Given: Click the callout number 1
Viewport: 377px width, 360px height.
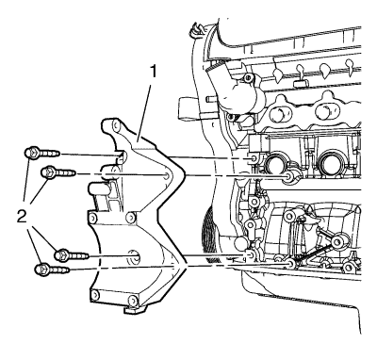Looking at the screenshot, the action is click(x=153, y=73).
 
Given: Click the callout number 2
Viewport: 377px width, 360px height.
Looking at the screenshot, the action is click(x=22, y=217).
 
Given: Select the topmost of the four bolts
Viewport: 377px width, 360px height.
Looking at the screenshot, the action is click(x=42, y=154).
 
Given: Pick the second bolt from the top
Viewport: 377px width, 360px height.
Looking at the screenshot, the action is click(x=59, y=172).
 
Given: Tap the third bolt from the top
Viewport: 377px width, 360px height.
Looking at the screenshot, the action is click(x=72, y=254).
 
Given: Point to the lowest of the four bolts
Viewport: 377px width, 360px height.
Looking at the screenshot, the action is click(x=53, y=269).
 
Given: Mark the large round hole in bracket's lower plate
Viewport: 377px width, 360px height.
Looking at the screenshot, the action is click(x=135, y=255).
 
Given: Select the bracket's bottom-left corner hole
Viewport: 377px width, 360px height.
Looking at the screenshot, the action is click(x=95, y=295).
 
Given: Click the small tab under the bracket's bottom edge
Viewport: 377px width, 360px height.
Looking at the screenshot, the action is click(x=135, y=310).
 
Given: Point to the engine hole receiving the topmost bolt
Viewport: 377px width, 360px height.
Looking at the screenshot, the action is click(x=254, y=159).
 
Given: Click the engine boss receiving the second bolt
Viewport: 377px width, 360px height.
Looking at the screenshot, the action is click(x=288, y=178).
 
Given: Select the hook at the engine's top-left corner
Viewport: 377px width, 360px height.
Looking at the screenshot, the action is click(x=196, y=27).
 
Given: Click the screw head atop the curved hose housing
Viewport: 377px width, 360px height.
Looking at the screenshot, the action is click(x=248, y=77).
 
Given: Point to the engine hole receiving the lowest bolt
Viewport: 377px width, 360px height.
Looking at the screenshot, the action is click(x=291, y=264).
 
